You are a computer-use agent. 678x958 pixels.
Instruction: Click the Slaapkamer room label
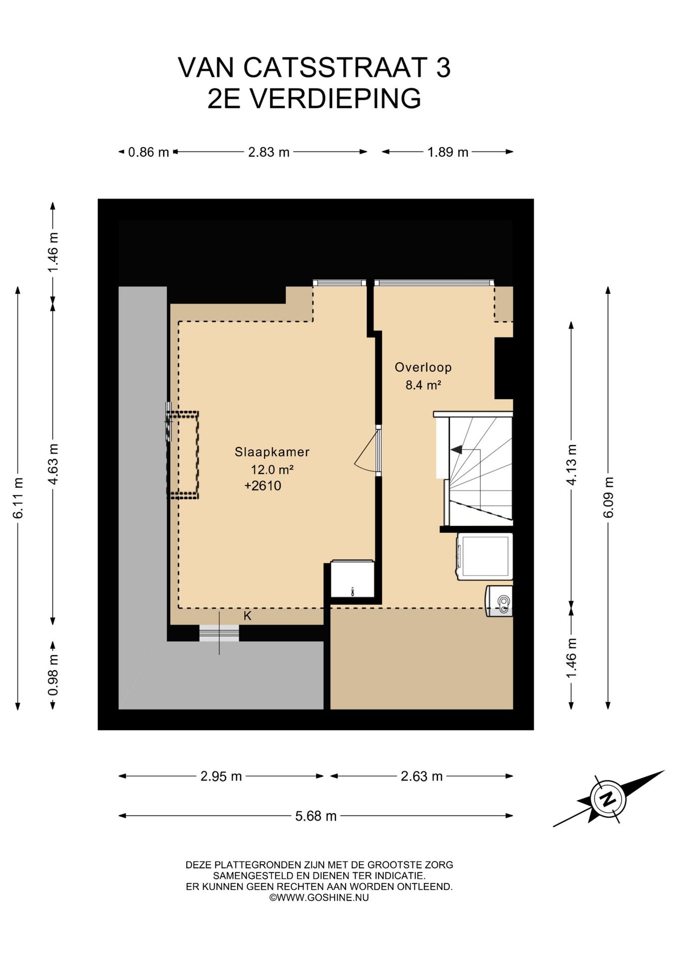272,452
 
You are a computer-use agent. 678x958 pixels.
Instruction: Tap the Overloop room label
423,367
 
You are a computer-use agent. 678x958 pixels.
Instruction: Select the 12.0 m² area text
272,470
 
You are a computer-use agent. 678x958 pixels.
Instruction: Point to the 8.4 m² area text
423,385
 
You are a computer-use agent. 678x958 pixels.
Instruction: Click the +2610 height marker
263,485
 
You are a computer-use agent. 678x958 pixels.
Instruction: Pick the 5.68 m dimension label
316,816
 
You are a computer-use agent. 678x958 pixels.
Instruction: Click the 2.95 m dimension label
221,776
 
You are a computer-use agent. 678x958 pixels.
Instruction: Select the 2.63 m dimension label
422,776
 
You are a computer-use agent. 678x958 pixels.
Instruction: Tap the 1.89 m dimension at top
448,152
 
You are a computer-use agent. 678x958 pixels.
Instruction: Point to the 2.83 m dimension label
269,152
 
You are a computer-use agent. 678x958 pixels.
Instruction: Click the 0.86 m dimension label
149,152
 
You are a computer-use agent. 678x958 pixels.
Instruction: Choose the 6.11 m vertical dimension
18,498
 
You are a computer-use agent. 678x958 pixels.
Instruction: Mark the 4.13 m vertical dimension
572,465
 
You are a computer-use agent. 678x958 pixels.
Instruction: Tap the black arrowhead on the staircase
456,450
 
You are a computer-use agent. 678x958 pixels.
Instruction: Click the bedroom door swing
366,451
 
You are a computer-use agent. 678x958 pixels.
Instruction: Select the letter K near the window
247,616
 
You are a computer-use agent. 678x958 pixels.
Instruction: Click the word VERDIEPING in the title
335,98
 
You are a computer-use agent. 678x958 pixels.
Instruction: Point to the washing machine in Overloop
485,556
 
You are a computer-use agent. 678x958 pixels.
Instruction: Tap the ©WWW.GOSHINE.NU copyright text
319,897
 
